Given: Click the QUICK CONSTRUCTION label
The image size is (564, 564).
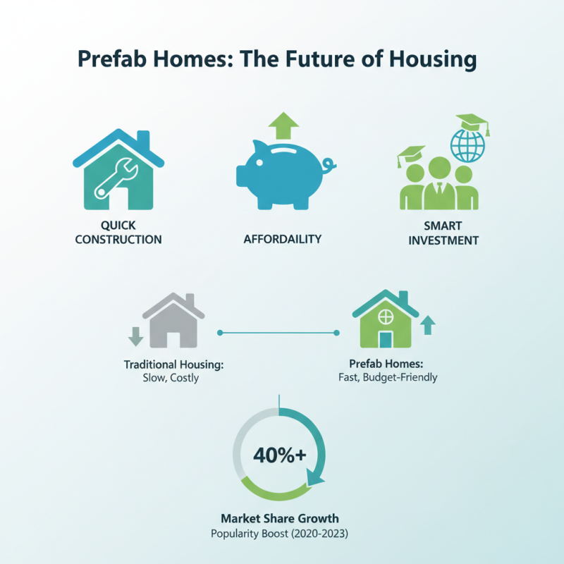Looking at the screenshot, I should [x=118, y=233].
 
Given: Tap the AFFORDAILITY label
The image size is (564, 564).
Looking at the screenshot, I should [x=282, y=239].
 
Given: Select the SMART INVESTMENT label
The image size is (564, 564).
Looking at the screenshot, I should [x=442, y=233].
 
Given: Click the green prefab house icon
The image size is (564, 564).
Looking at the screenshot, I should [x=384, y=321].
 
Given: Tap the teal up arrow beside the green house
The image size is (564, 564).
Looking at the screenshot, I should [x=427, y=324].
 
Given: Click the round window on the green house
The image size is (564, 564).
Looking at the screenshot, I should [x=385, y=314].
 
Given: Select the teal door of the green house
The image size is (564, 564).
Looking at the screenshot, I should [x=385, y=338].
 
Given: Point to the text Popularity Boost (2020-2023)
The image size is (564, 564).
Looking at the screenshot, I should [x=280, y=534].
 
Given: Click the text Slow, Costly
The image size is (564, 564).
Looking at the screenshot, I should [x=171, y=378].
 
